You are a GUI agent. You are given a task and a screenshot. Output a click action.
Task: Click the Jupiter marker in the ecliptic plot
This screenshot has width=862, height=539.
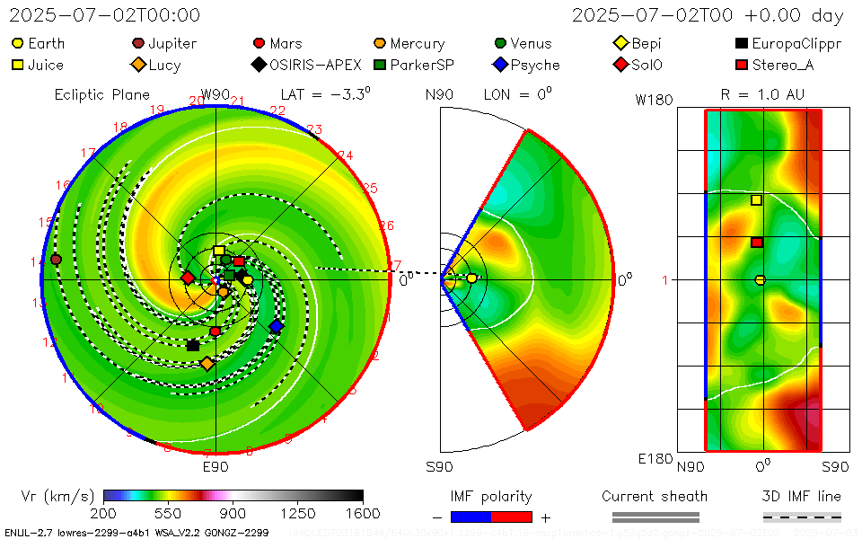pos(56,260)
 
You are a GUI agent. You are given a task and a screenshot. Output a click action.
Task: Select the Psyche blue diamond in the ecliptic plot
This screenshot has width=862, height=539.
pos(276,327)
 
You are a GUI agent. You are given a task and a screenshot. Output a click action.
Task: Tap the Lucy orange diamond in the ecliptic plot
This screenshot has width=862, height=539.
pos(207,364)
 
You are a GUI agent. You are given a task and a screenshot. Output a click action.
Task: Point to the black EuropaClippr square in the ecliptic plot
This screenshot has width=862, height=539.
pos(193,345)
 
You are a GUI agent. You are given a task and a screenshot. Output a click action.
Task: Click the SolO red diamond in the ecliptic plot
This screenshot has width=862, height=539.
pos(188,278)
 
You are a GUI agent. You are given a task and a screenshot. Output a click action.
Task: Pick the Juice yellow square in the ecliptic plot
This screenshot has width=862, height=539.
pos(219,251)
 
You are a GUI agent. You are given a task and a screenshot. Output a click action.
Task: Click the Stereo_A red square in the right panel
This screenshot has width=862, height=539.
pos(757,242)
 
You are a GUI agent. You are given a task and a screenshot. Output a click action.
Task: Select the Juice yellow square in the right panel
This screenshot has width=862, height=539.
pos(756,200)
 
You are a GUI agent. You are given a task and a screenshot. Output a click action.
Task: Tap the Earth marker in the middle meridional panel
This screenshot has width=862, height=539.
pos(472,278)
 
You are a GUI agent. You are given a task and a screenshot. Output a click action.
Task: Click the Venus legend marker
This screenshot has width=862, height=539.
pos(500,43)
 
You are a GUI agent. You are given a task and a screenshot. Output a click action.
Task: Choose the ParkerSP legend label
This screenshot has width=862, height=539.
pos(422,65)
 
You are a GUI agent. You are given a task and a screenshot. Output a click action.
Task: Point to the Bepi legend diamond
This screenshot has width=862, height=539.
pos(620,43)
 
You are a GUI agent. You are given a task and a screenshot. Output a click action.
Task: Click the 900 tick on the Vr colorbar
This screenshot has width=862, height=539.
pos(233,513)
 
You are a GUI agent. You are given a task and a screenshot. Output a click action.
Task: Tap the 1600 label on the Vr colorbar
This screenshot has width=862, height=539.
pos(363,513)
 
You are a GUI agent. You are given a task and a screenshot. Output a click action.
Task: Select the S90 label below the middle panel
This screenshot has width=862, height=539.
pos(439,467)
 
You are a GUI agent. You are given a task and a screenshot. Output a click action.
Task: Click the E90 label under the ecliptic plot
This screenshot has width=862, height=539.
pos(215,467)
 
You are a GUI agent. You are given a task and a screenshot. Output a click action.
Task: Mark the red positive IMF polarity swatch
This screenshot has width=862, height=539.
pos(512,517)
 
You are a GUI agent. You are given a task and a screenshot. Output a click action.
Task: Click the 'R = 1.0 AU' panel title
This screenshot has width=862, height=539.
pos(762,94)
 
